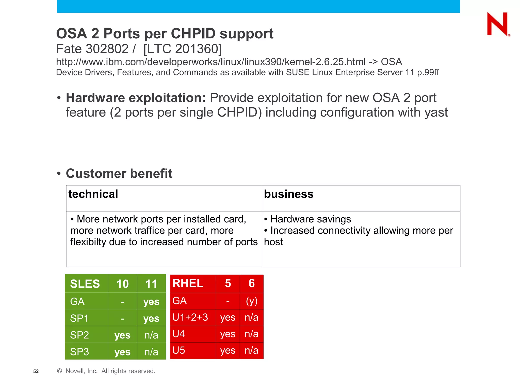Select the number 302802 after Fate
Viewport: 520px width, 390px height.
coord(107,49)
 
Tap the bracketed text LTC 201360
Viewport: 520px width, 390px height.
coord(183,49)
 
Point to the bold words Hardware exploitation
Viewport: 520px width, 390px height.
coord(136,98)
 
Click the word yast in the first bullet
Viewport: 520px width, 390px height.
coord(436,112)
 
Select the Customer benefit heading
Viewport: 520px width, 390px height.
coord(119,174)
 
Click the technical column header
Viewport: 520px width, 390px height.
coord(93,194)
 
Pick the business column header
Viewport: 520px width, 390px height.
coord(289,194)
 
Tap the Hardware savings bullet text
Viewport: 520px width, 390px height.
coord(310,219)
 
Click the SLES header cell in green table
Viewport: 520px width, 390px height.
coord(85,284)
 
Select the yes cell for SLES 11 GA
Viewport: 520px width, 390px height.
coord(151,302)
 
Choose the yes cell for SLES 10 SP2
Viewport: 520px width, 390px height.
coord(122,335)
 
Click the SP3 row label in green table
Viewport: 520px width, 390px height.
coord(79,352)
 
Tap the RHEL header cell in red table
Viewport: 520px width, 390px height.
coord(188,283)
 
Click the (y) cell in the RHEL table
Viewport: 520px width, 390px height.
coord(252,301)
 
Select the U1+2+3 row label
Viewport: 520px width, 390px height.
coord(190,317)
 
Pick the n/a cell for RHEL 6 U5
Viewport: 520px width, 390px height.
coord(252,351)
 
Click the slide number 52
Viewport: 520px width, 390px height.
coord(36,371)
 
